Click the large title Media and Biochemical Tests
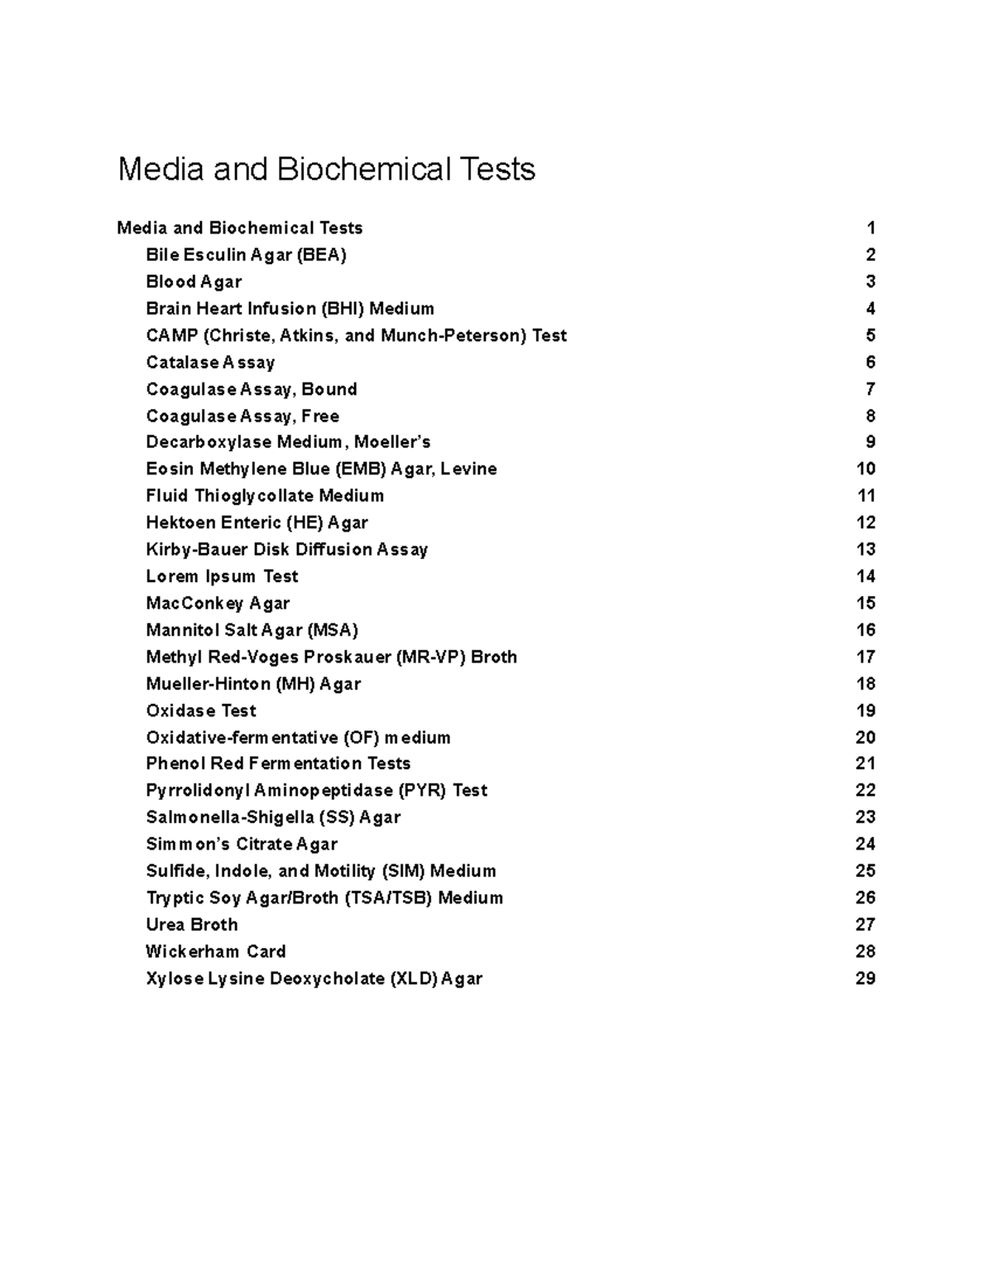click(326, 170)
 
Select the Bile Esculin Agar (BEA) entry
click(246, 255)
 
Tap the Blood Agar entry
click(194, 282)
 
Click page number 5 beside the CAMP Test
click(870, 335)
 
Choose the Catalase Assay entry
click(210, 363)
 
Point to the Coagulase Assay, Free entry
click(242, 416)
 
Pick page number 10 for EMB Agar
click(866, 469)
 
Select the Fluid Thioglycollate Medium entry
click(265, 496)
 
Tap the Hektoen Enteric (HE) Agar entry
click(257, 523)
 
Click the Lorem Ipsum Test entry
click(222, 576)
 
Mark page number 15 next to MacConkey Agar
click(866, 603)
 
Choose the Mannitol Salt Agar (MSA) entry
click(252, 630)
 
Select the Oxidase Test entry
click(201, 710)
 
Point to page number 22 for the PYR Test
click(865, 791)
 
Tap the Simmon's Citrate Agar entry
click(242, 845)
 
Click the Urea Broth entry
click(192, 925)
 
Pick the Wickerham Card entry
click(216, 951)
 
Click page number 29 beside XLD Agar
click(865, 979)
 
